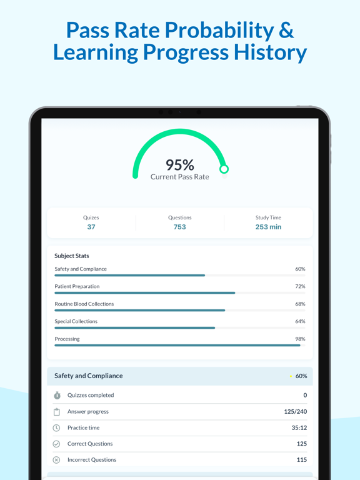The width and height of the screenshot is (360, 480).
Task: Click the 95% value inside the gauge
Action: [x=180, y=165]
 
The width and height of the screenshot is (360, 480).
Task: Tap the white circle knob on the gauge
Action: [x=224, y=169]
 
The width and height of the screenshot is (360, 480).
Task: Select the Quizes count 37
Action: [x=91, y=227]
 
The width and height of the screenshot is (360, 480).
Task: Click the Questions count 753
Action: [x=180, y=227]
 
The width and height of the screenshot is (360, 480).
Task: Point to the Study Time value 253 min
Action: [x=269, y=227]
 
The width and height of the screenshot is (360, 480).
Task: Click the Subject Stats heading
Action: [x=72, y=256]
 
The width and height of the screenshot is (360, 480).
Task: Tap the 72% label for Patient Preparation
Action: [x=300, y=286]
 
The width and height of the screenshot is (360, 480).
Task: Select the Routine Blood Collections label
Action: [x=84, y=304]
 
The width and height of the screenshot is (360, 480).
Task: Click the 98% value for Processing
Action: [x=300, y=339]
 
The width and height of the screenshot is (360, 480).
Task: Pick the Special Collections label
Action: [x=76, y=321]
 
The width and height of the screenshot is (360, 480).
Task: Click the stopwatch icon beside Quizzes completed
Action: [x=57, y=395]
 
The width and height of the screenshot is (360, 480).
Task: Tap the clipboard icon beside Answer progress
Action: [x=57, y=412]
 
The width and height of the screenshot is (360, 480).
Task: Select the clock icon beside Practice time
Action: [x=56, y=427]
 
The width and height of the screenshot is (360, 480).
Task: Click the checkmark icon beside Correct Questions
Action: [x=56, y=444]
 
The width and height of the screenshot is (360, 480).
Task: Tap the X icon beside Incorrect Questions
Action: [x=56, y=460]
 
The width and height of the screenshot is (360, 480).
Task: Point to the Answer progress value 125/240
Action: [x=296, y=412]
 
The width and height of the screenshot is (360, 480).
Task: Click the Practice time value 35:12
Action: [x=299, y=427]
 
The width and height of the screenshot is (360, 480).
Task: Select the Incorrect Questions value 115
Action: [x=302, y=460]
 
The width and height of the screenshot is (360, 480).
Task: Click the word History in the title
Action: [x=270, y=52]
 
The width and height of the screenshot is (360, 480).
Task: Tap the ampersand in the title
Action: [x=286, y=30]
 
